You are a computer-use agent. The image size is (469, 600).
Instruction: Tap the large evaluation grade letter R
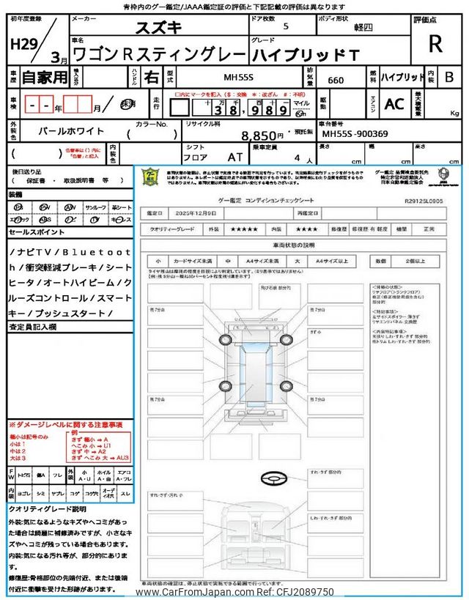click(435, 44)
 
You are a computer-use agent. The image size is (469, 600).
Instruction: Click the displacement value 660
click(338, 81)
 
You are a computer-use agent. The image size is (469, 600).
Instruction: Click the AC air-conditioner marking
click(394, 104)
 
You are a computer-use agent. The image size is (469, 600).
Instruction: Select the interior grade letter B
click(448, 76)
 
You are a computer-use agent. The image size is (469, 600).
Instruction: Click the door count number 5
click(285, 26)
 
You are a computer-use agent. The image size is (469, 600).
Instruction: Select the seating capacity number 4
click(297, 158)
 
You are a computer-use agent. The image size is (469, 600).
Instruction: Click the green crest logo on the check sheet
click(150, 178)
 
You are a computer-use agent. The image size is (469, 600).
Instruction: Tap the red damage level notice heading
click(66, 425)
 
